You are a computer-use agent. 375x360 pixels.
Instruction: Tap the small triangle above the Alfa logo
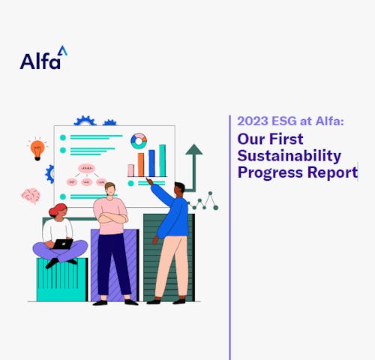pos(62,50)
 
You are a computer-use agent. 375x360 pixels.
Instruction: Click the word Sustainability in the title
pos(289,156)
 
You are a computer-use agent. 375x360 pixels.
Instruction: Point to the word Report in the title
pos(335,172)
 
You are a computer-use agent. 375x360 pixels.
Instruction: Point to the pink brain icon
pos(31,196)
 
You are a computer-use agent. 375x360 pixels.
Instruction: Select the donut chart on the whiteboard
pos(139,141)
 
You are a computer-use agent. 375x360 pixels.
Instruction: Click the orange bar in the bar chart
pos(140,164)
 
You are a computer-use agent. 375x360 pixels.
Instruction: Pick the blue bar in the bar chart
pos(151,162)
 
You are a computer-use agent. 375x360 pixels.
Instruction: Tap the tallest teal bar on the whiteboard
pos(162,160)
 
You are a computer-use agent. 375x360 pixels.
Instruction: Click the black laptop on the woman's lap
pos(63,244)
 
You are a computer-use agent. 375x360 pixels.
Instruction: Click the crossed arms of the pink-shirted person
pos(112,218)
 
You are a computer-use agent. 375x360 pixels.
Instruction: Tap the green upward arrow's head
pos(193,149)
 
